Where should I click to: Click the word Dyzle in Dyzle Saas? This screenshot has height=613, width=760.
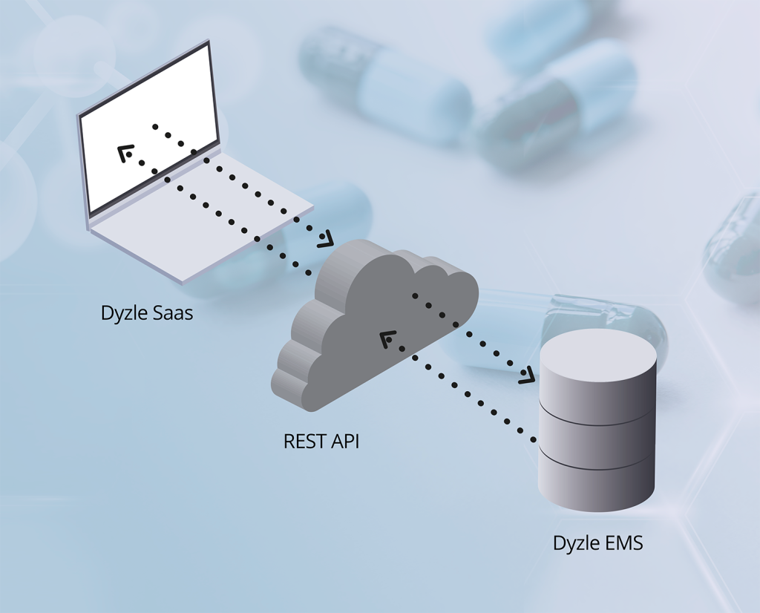(x=124, y=313)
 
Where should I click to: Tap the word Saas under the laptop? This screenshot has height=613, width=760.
(x=171, y=313)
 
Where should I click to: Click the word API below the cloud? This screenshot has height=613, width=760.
(x=346, y=442)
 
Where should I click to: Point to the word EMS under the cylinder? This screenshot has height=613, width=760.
(x=622, y=542)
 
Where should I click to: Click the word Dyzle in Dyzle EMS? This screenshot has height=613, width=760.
(x=574, y=543)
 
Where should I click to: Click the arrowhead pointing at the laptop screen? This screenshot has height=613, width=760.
(x=124, y=152)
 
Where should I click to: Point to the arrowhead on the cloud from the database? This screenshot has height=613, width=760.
(x=387, y=340)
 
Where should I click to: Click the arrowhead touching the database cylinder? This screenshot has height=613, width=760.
(x=527, y=376)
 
